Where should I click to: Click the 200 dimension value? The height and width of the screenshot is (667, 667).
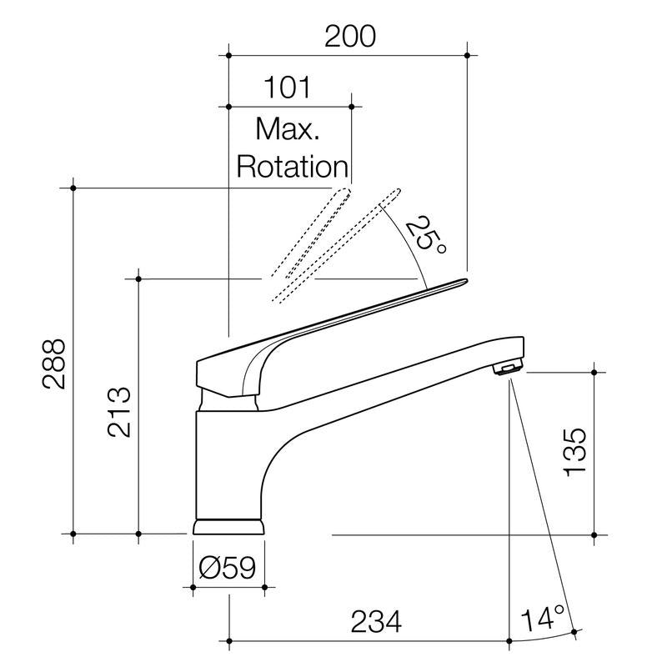[x=350, y=37]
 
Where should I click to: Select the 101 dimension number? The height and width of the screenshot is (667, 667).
[x=287, y=88]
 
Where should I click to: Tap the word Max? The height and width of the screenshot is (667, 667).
[x=287, y=128]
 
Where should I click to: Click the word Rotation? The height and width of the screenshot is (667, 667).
[x=293, y=166]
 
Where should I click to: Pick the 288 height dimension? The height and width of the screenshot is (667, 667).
[x=54, y=364]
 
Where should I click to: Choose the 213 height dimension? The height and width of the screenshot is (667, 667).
[x=119, y=412]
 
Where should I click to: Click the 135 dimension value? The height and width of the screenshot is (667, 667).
[x=574, y=452]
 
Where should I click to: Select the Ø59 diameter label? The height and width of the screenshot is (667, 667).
[x=228, y=567]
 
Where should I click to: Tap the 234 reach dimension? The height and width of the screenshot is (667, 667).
[x=376, y=621]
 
